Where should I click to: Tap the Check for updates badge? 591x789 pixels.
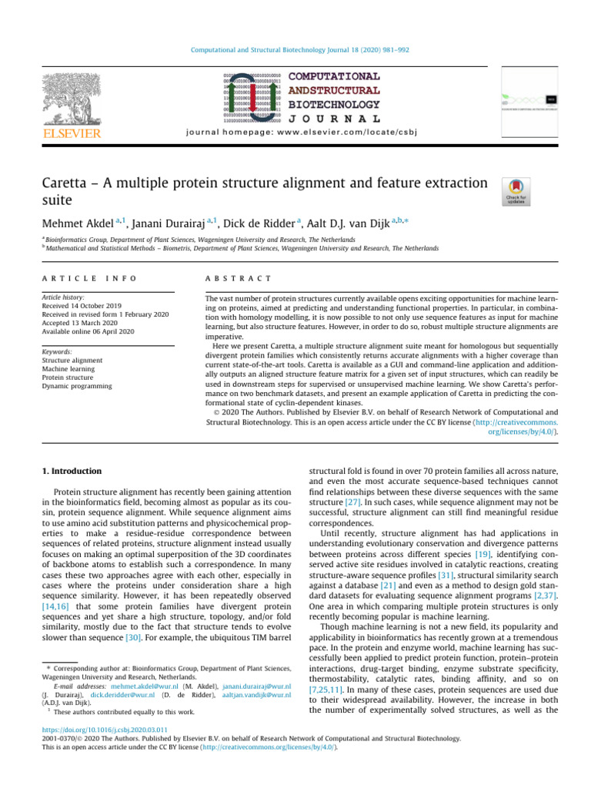tap(515, 191)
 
